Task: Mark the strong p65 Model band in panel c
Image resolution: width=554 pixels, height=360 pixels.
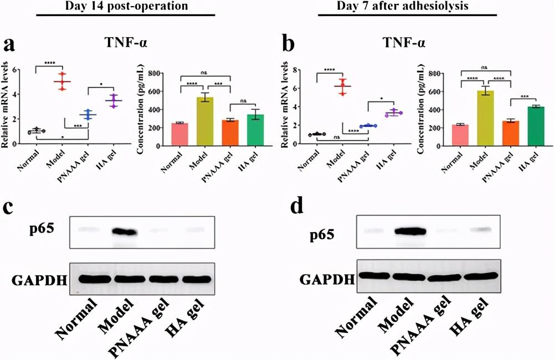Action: (x=124, y=230)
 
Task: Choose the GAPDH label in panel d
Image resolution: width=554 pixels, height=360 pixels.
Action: (x=327, y=277)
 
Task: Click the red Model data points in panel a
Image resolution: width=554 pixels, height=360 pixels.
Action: (x=63, y=81)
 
